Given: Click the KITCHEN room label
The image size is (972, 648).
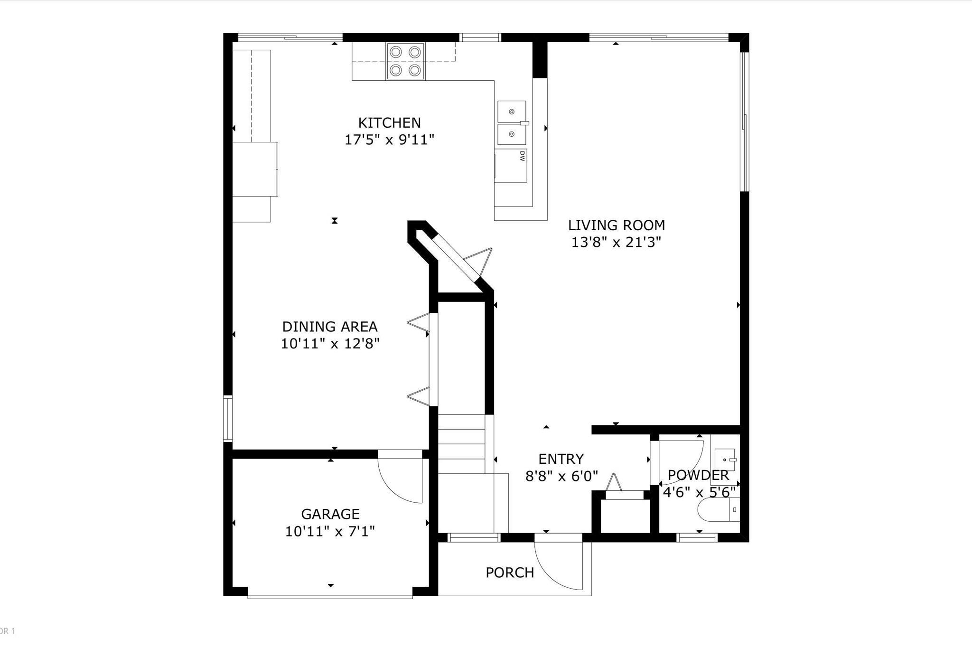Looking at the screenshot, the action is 389,123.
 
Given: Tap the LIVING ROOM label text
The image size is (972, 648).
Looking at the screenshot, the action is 617,225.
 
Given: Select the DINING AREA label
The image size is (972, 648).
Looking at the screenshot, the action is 330,327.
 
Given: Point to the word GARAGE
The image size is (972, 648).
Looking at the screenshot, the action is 330,514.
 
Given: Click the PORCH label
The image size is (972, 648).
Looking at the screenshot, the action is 510,573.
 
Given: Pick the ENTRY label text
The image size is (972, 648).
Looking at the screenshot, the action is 561,459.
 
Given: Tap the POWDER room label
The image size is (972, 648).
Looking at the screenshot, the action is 698,475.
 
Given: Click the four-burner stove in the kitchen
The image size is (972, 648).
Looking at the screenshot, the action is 405,61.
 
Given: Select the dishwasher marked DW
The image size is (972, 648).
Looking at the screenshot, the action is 511,166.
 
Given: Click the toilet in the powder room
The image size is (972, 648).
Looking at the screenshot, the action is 719,510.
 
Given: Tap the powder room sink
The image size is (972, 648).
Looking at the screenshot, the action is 725,460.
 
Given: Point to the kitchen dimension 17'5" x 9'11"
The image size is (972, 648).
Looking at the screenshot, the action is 389,140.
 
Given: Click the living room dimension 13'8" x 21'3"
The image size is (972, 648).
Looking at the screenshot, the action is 616,243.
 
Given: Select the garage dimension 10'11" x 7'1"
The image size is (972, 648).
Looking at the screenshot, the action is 330,531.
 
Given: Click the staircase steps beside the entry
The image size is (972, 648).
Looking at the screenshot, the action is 461,443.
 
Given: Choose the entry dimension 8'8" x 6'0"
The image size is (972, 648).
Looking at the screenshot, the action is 561,476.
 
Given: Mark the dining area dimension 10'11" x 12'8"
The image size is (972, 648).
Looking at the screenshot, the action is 330,344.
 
